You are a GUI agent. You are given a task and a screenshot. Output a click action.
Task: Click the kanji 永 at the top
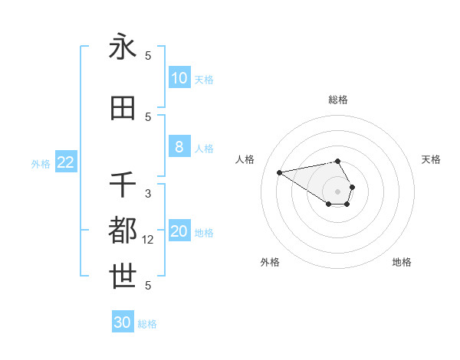coord(123,47)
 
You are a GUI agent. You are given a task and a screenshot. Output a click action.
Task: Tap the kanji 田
coord(123,108)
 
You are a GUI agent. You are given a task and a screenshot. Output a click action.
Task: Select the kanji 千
coord(123,185)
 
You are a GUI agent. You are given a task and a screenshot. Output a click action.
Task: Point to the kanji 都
coord(123,231)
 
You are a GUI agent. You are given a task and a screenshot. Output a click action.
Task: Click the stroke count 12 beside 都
coord(149,240)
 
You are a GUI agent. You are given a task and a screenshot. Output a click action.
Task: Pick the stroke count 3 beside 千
coord(148,194)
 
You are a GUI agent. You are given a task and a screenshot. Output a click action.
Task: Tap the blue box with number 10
coord(179,78)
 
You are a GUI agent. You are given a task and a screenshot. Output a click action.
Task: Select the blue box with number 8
coord(179,147)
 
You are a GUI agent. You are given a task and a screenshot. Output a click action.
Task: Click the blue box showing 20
coord(179,232)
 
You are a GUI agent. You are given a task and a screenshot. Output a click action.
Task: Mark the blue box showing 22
coord(66,162)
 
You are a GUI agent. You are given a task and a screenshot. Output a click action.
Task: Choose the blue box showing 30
coord(123,323)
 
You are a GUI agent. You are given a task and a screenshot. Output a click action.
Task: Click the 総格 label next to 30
coord(147,324)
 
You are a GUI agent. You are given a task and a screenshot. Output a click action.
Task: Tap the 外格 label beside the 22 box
coord(41,163)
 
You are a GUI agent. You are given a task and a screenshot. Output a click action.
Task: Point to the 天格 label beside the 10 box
coord(204,79)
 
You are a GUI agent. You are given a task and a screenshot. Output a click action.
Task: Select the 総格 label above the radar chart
coord(337,100)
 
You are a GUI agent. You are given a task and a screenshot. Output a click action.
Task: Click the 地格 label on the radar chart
coord(402,262)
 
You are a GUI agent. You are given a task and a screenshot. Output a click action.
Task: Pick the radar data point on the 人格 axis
coord(280,172)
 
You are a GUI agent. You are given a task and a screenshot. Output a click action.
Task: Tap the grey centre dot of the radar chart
coord(337,191)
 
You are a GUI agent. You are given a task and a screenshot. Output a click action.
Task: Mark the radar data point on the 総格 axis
coord(337,161)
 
